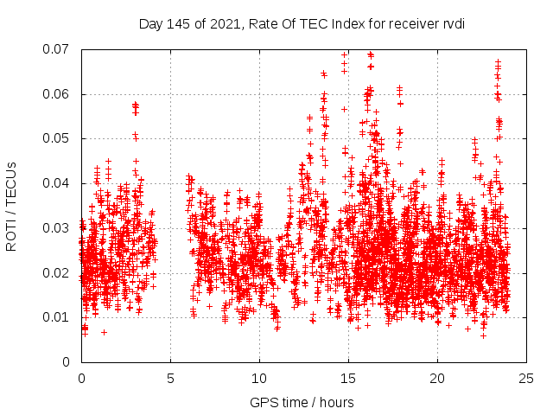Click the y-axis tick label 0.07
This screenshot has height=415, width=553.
pos(58,49)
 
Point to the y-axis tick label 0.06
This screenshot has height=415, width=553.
pos(58,94)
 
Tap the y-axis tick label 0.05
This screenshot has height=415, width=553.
pos(58,138)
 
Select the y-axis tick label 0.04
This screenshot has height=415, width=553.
pos(58,183)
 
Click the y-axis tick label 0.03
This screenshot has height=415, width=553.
pos(58,228)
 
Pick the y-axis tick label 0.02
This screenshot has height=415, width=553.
pos(58,273)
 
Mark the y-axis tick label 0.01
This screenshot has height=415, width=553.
pos(58,317)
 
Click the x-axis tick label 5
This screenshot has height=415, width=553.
pos(170,378)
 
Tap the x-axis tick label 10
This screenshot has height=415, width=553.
pos(259,378)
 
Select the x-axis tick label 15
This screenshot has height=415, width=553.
pos(348,378)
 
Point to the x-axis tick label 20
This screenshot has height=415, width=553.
pos(437,378)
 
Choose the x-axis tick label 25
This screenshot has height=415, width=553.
pos(526,378)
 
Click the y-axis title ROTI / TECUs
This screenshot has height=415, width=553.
pos(11,206)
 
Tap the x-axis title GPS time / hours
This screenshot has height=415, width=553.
pos(302,402)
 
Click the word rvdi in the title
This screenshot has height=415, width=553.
pos(452,23)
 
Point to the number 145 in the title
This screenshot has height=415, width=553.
pos(179,23)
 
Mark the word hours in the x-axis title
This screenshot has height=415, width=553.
pos(335,402)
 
